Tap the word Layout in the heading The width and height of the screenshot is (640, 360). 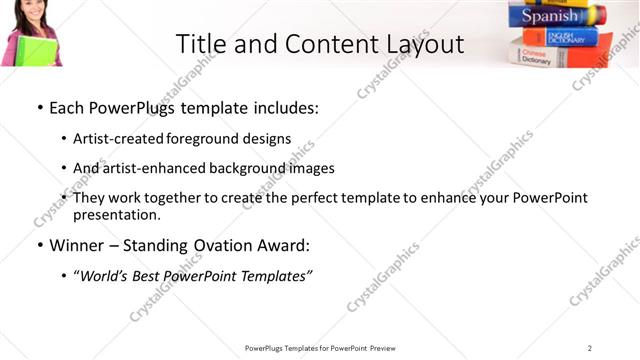coord(424,44)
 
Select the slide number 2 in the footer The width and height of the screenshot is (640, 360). coord(590,348)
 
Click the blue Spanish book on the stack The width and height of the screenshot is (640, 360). coord(555,16)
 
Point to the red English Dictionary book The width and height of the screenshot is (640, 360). coord(560,37)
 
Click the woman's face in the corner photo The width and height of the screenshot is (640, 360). coord(27,14)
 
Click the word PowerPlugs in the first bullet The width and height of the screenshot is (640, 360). coord(133,107)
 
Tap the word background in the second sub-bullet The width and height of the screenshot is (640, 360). coord(243,168)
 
